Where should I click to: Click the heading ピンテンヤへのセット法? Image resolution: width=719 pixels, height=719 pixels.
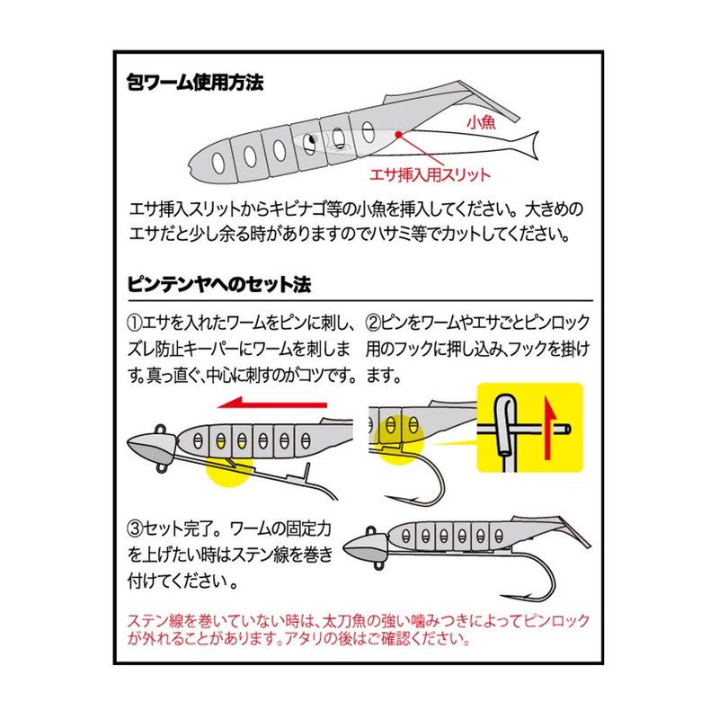coord(219,286)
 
